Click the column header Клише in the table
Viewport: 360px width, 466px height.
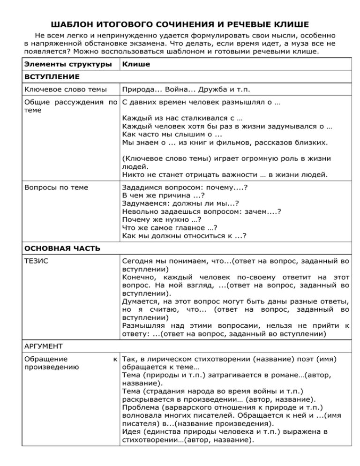pyautogui.click(x=136, y=64)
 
